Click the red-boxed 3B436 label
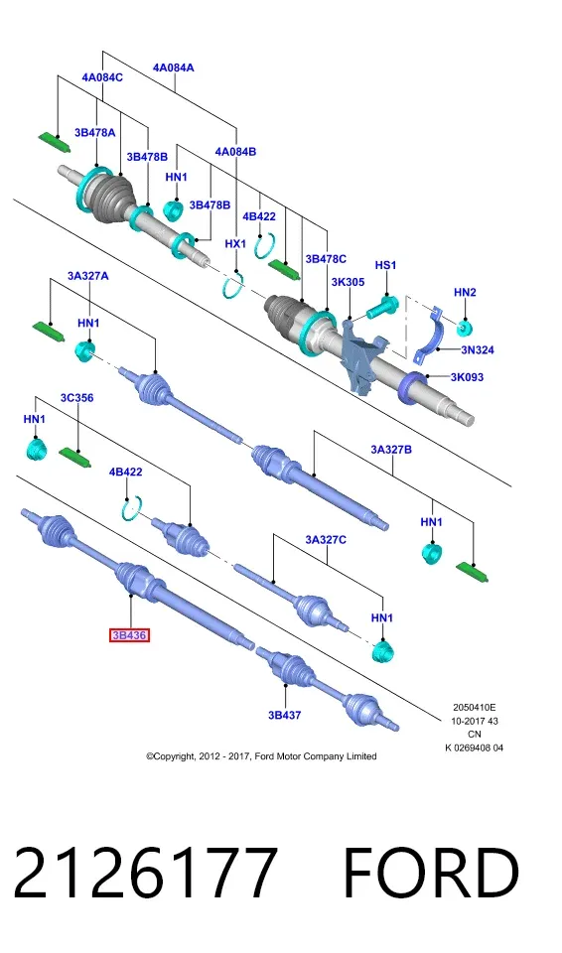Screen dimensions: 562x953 [129, 635]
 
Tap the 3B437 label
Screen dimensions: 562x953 [285, 715]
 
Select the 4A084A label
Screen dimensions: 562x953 [174, 68]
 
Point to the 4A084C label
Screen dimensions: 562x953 [102, 77]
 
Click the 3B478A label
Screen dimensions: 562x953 [95, 132]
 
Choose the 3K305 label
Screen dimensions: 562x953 [348, 282]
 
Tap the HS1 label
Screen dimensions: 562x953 [385, 265]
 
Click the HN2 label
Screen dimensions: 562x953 [465, 292]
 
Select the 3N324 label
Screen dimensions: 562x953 [478, 349]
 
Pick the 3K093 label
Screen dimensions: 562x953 [467, 377]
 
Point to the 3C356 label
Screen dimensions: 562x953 [76, 398]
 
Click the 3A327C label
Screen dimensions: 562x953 [326, 539]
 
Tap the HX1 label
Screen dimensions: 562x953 [235, 244]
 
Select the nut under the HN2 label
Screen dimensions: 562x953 [465, 328]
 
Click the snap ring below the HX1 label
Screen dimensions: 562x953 [232, 285]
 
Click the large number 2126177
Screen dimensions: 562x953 [145, 873]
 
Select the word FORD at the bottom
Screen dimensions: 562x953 [431, 873]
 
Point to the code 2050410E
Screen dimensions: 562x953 [474, 708]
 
